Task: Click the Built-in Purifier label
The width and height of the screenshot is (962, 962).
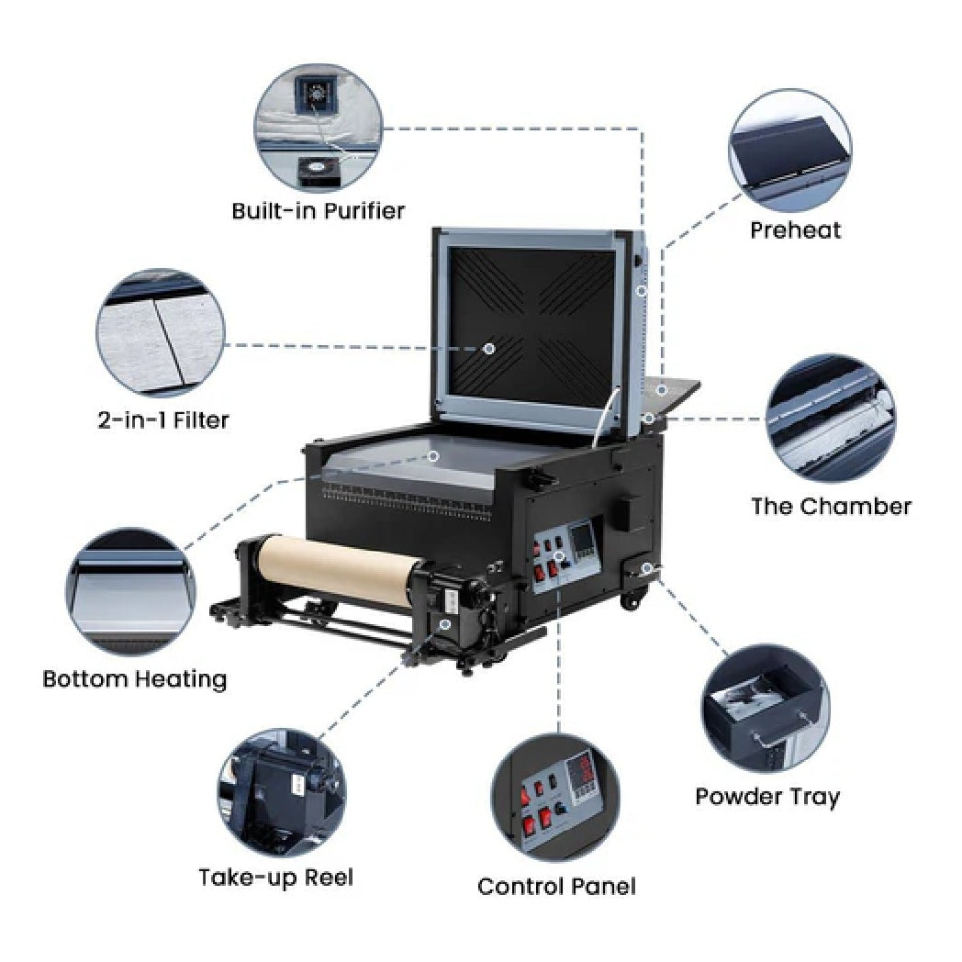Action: tap(318, 211)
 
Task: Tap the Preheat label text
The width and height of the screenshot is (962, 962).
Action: tap(795, 229)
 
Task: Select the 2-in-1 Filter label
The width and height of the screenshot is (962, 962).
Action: tap(163, 420)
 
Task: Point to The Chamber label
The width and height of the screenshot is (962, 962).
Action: tap(832, 506)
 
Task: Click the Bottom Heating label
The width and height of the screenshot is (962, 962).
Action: tap(135, 679)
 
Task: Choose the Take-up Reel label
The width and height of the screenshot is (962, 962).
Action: tap(275, 877)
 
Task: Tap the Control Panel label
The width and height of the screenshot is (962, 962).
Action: tap(556, 887)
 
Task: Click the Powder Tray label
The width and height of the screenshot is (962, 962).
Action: tap(767, 796)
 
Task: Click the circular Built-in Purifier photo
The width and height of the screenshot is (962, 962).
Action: tap(317, 127)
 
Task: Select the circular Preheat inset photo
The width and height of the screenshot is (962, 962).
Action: tap(789, 151)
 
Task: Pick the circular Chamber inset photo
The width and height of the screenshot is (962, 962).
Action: tap(831, 419)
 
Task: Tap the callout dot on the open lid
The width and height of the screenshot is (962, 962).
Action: tap(489, 349)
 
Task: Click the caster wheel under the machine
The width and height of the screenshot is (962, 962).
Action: tap(631, 602)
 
